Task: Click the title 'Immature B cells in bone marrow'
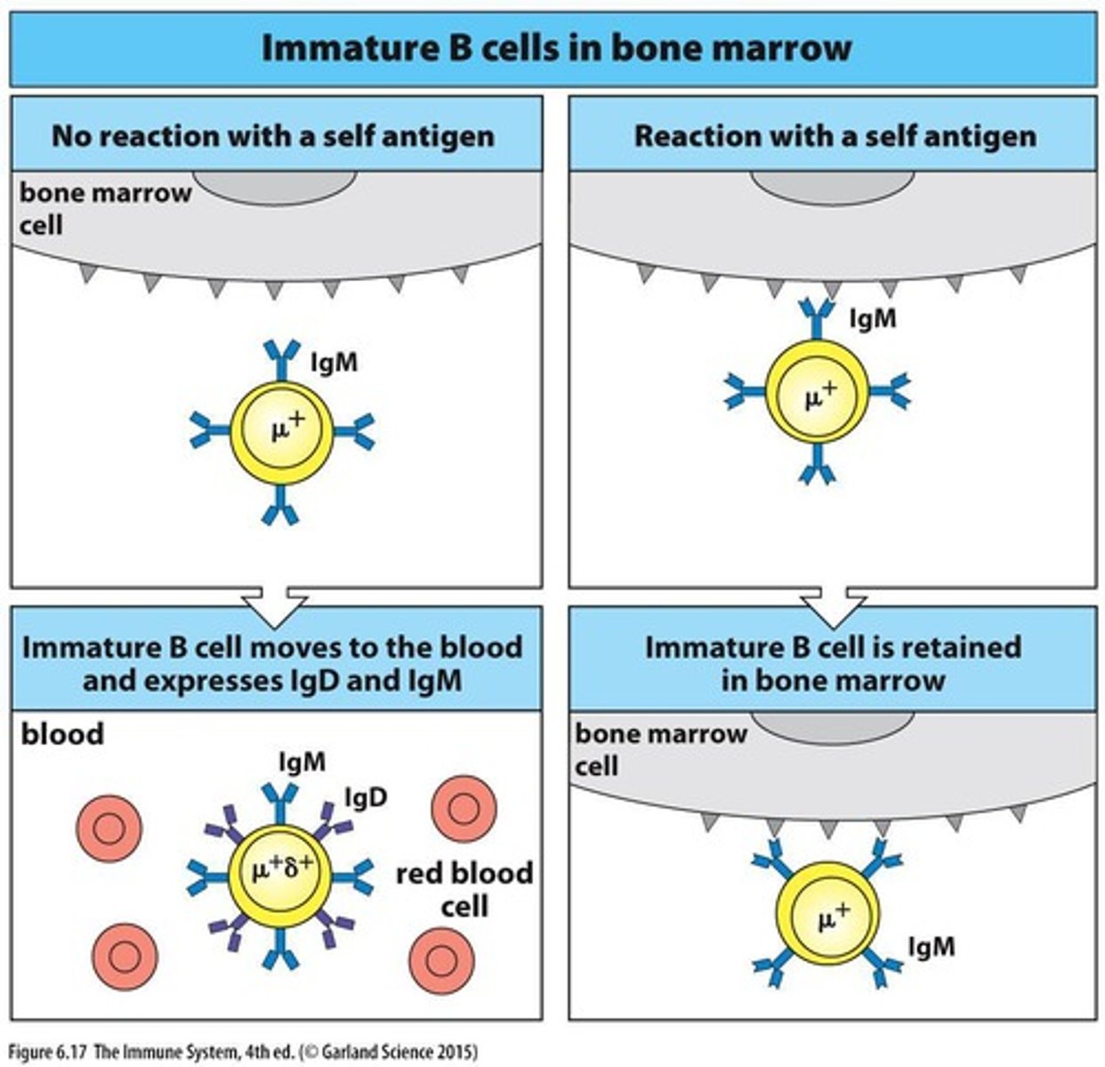tap(555, 47)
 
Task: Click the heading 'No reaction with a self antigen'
tap(272, 136)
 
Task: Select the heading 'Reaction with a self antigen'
tap(835, 136)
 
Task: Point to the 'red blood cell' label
tap(464, 888)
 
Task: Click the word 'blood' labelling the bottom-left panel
tap(62, 734)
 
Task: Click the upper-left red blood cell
tap(110, 829)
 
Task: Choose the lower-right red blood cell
tap(442, 960)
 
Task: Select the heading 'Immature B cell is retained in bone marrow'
tap(833, 663)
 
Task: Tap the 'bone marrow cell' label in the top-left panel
tap(105, 208)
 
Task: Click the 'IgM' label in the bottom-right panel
tap(931, 947)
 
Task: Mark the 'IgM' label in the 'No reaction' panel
tap(334, 363)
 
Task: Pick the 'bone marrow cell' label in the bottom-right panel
tap(660, 749)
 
